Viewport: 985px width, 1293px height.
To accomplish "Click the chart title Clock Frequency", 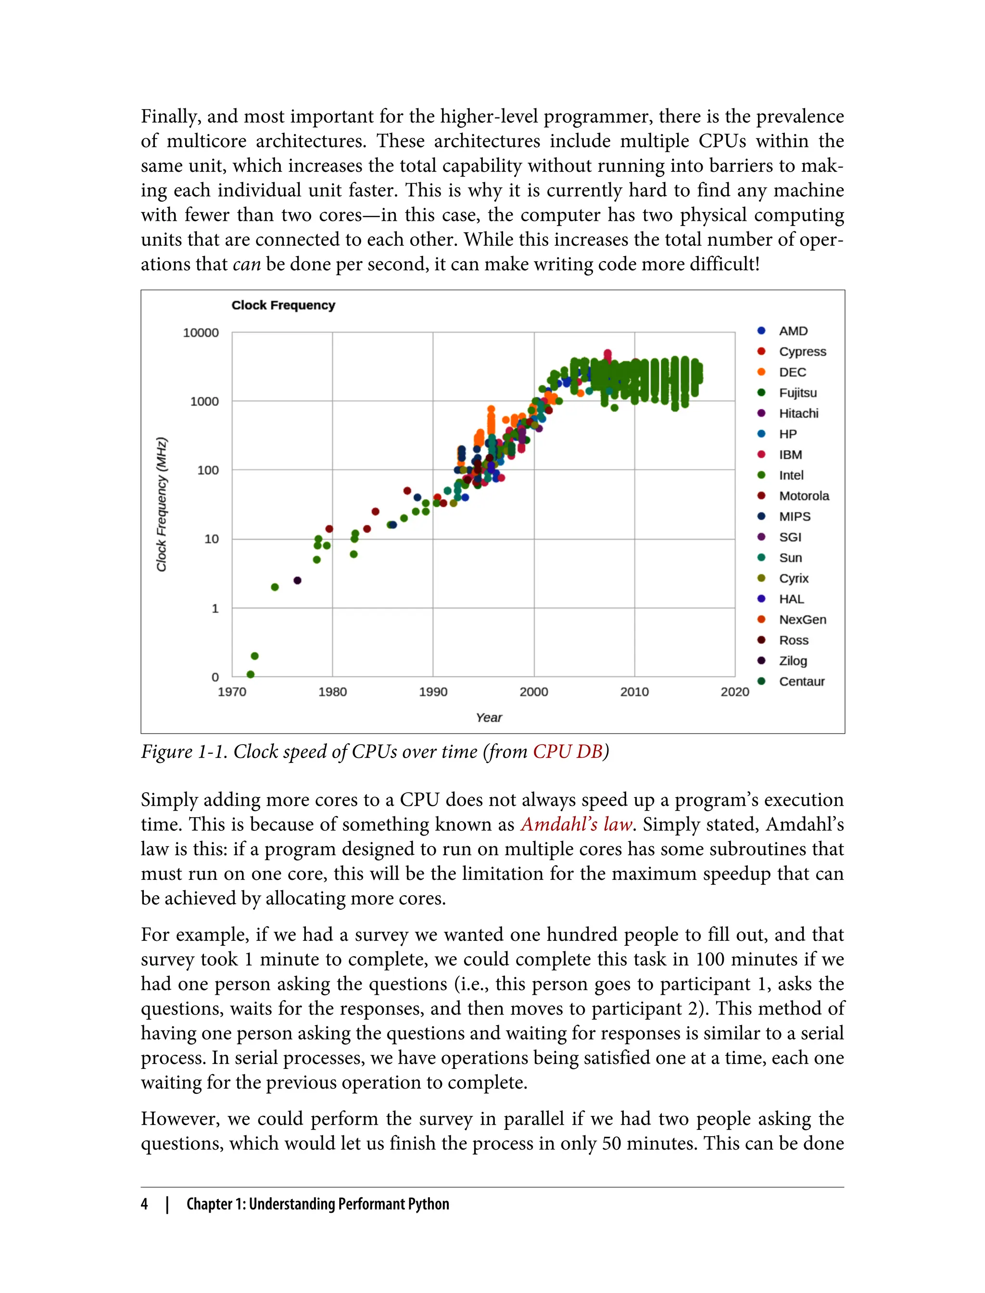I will click(283, 305).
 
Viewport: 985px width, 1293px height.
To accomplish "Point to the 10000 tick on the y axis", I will click(201, 333).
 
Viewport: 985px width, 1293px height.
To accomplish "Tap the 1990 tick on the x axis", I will click(433, 692).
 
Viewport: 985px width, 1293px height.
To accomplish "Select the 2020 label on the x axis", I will click(734, 692).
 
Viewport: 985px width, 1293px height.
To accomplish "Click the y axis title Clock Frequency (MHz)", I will click(162, 504).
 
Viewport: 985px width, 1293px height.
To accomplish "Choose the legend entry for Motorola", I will click(804, 496).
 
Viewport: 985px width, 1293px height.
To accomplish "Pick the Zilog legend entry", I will click(793, 661).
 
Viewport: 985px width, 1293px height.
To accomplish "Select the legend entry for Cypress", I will click(802, 352).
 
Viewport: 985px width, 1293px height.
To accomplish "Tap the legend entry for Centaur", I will click(801, 682).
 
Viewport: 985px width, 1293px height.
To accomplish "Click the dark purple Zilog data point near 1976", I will click(297, 581).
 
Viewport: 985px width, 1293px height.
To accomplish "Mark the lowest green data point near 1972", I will click(251, 674).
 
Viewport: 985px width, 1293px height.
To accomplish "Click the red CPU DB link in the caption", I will click(568, 752).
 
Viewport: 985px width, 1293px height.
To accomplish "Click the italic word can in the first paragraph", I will click(246, 265).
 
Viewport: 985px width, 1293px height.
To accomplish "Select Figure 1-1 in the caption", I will click(184, 752).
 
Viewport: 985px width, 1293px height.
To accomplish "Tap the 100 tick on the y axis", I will click(208, 470).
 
